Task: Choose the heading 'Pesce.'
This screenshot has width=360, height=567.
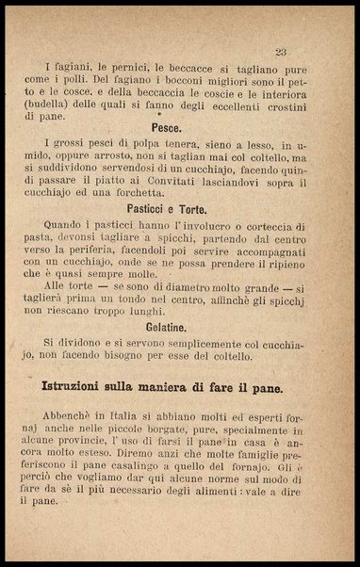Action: coord(172,126)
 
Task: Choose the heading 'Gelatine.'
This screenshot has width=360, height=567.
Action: coord(172,329)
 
